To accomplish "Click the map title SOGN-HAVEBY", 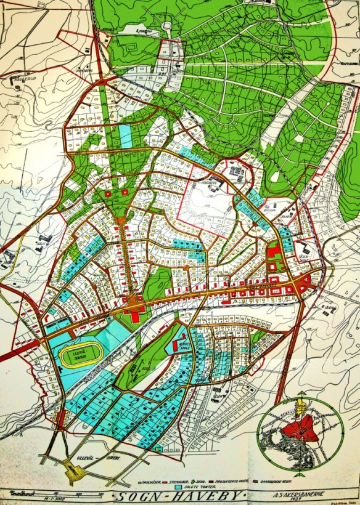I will pyautogui.click(x=180, y=496).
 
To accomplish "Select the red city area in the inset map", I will pyautogui.click(x=301, y=428).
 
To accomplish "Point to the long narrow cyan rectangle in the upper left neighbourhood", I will pyautogui.click(x=126, y=135).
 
